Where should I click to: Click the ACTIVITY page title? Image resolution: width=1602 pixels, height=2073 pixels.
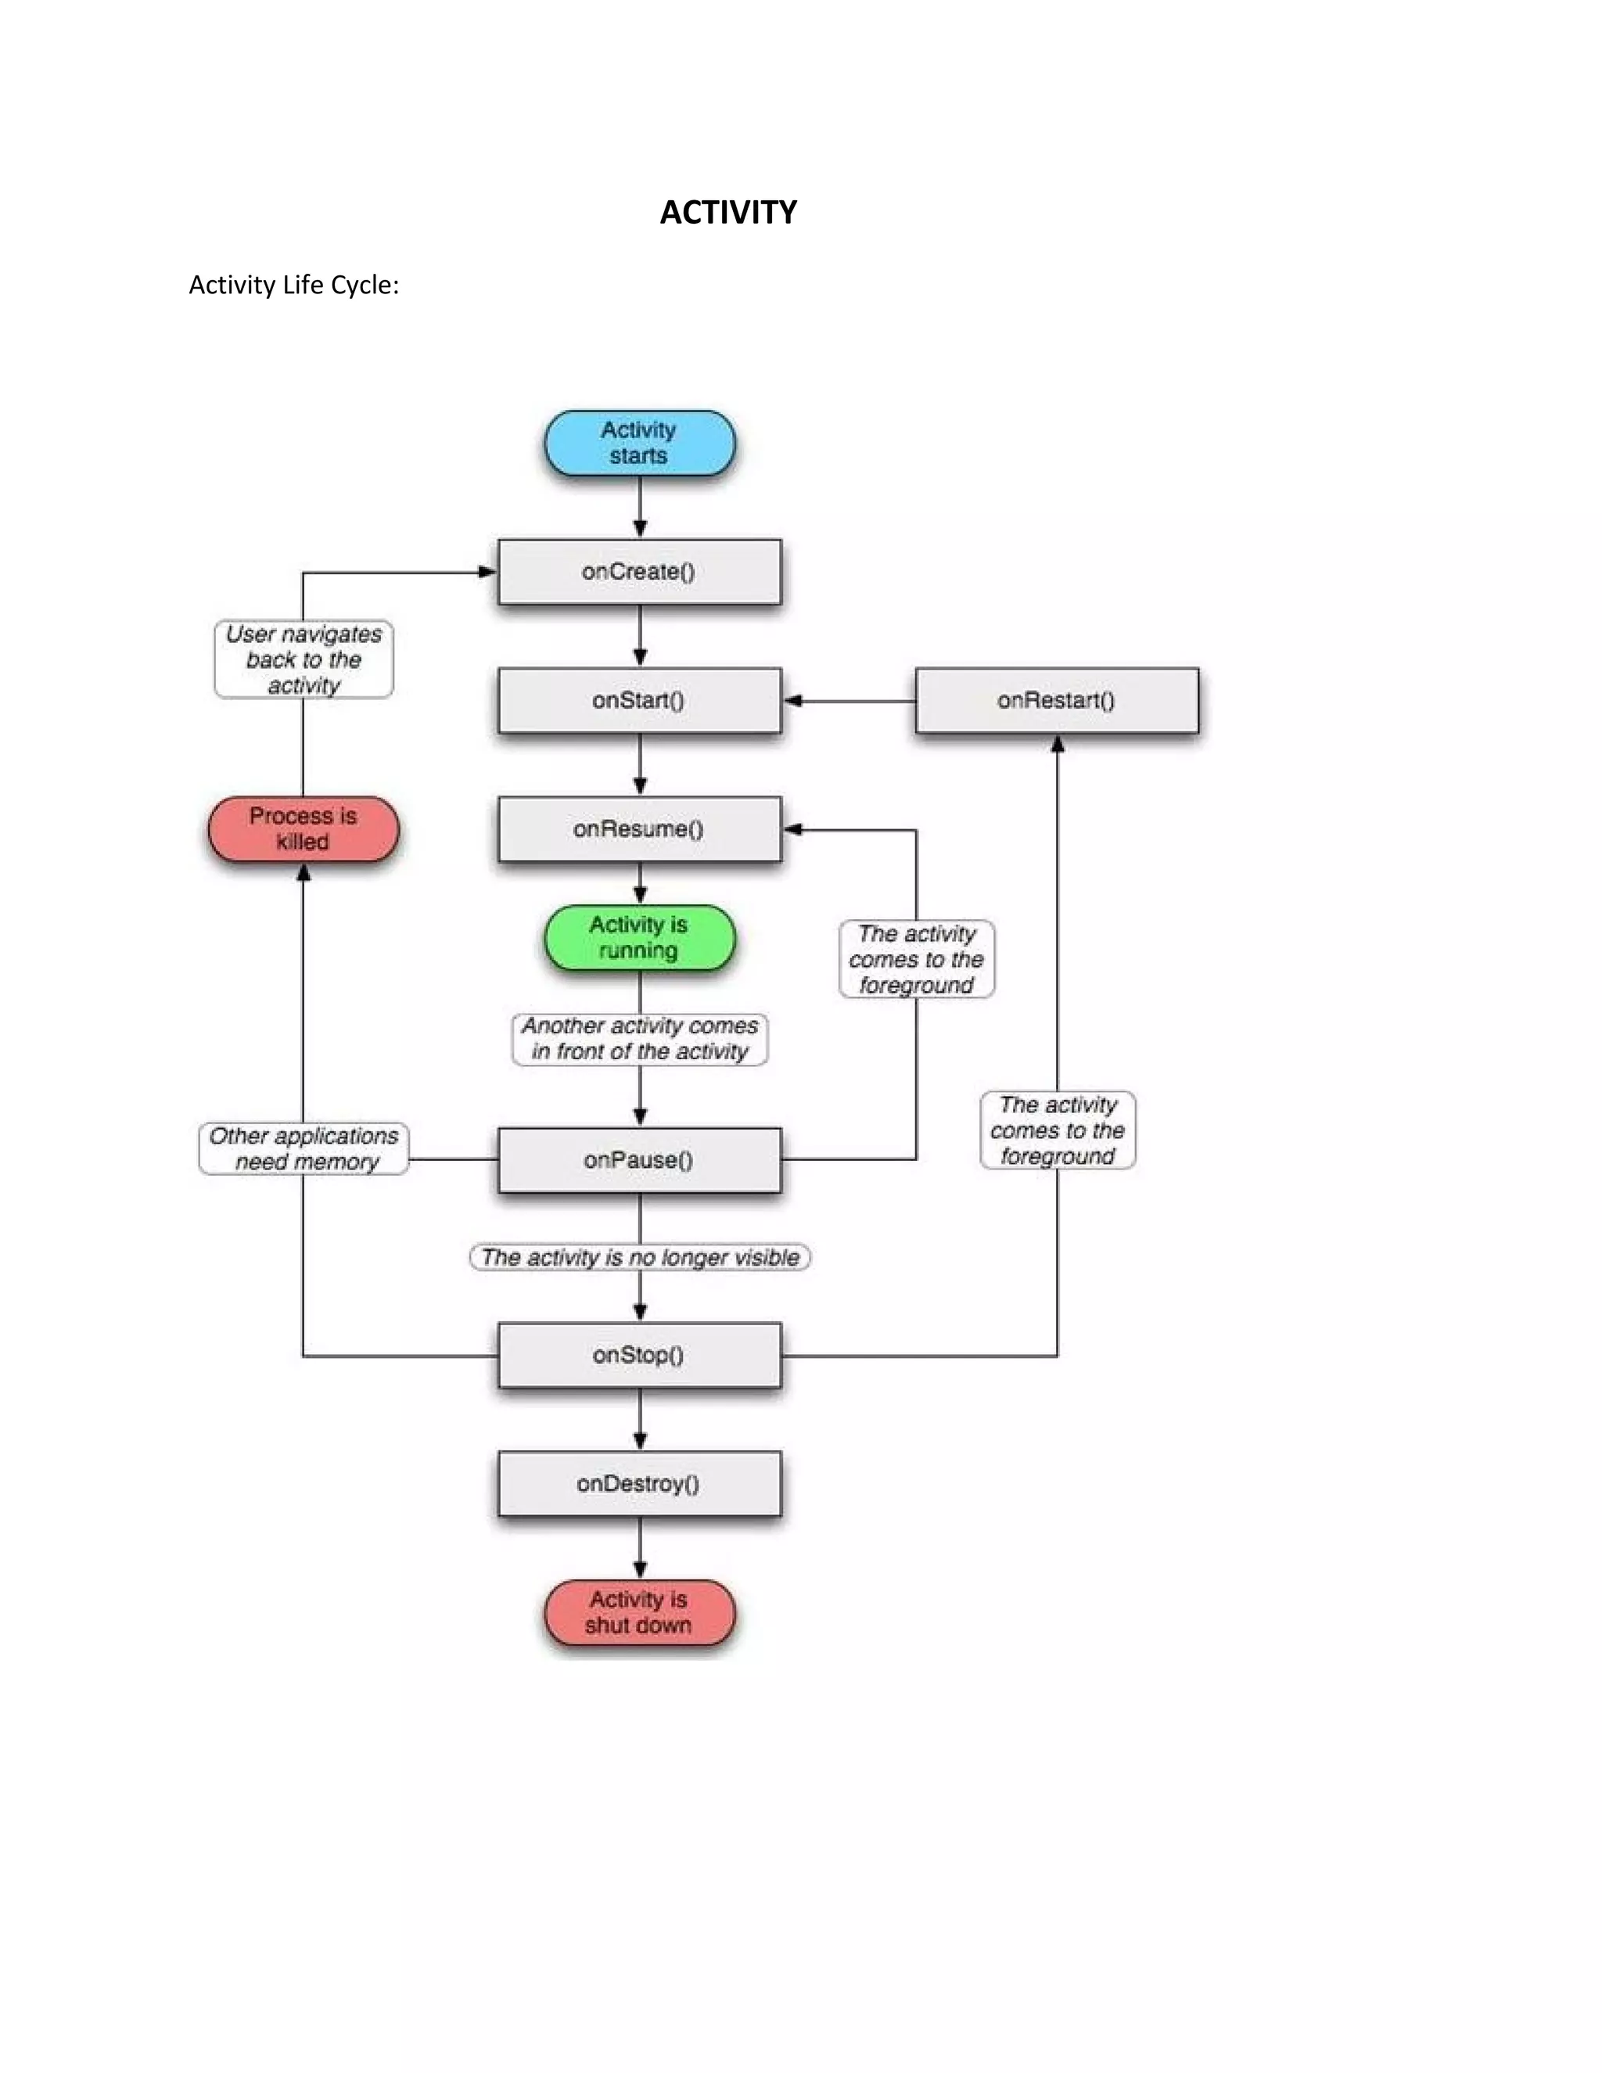[728, 212]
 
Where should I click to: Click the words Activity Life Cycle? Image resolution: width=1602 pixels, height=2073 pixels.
[293, 285]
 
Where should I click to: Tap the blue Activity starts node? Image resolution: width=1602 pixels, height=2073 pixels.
[639, 442]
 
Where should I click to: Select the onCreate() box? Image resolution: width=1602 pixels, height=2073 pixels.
[639, 571]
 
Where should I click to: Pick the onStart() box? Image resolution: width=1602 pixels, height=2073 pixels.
[639, 700]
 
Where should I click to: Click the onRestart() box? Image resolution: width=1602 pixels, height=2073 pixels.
[1056, 700]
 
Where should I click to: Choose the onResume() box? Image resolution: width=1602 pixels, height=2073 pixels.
[639, 828]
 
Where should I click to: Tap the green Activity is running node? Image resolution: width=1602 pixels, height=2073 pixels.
[639, 938]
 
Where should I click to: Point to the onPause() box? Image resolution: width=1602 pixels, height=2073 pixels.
[639, 1160]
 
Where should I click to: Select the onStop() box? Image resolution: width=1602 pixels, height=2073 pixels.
[639, 1354]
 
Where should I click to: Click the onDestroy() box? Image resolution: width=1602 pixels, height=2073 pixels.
[639, 1483]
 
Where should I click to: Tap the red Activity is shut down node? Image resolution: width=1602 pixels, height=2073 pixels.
[639, 1611]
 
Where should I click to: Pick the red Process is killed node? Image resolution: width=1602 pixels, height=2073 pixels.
[303, 828]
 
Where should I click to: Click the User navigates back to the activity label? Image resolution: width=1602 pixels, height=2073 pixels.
[303, 659]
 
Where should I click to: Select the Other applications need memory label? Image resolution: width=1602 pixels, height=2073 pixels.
[303, 1148]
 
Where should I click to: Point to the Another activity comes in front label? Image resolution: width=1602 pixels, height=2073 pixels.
[639, 1038]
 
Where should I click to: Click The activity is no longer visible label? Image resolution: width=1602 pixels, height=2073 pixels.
[639, 1257]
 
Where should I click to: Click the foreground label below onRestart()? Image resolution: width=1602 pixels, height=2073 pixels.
[1058, 1130]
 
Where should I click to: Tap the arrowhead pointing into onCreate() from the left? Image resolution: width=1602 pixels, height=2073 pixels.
[487, 571]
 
